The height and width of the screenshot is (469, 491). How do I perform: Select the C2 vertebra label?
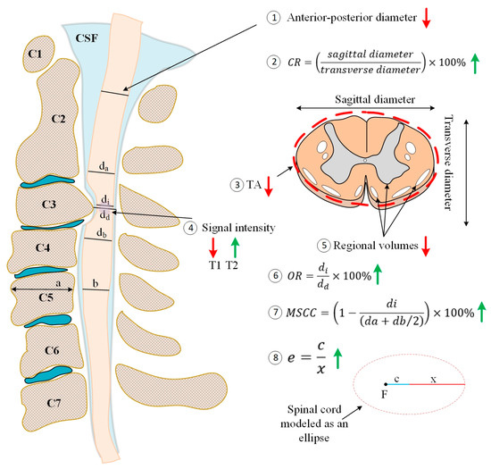pos(59,118)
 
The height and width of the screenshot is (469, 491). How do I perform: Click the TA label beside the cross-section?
pos(260,184)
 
